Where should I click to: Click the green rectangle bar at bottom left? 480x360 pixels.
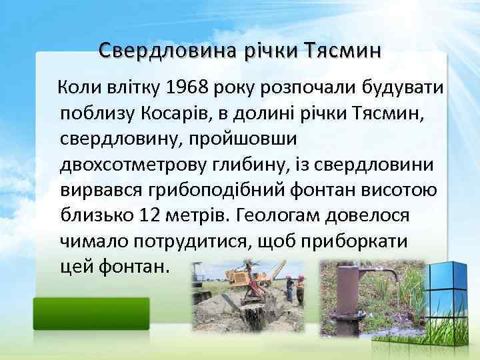91,313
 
